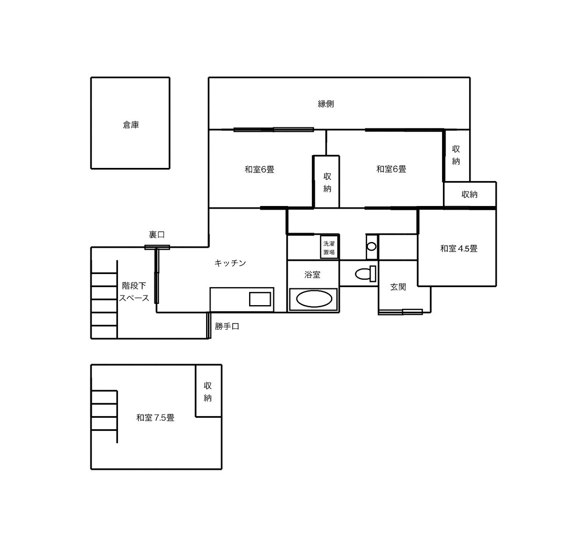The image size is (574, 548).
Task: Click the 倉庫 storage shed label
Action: coord(131,125)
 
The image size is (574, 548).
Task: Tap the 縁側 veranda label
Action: coord(326,104)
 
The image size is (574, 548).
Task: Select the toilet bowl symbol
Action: coord(365,273)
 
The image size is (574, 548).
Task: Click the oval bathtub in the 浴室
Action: coord(314,299)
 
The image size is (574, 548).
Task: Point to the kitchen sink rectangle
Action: coord(260,299)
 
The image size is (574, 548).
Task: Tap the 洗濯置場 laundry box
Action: coord(329,248)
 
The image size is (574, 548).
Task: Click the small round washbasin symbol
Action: coord(371,246)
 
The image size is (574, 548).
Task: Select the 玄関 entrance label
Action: coord(398,287)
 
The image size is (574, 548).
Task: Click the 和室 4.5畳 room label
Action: coord(459,249)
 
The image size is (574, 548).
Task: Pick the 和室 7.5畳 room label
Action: coord(155,418)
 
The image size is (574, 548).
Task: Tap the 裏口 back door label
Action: coord(157,235)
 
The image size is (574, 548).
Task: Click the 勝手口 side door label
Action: coord(227,326)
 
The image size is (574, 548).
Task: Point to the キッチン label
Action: coord(230,263)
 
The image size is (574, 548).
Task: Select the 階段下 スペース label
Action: coord(134,292)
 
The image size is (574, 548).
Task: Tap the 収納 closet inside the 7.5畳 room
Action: coord(208,391)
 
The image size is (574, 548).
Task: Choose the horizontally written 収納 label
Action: coord(469,194)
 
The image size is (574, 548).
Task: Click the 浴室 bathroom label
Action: coord(312,274)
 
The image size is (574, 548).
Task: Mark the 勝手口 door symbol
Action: coord(209,325)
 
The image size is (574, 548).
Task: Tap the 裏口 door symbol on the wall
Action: coord(157,247)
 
